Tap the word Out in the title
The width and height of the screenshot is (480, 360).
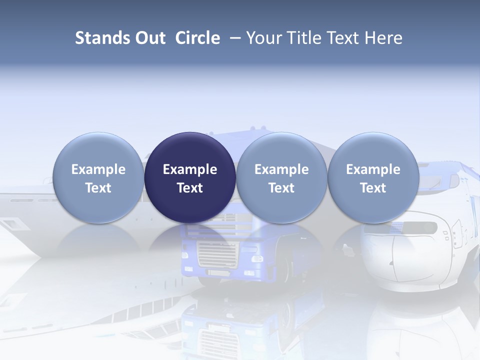point(148,38)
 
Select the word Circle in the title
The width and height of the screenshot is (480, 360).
point(197,38)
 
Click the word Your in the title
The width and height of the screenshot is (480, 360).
point(264,38)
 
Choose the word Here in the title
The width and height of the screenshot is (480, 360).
point(383,38)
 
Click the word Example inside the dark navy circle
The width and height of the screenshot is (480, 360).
point(190,169)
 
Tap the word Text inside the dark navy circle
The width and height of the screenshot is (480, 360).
point(190,188)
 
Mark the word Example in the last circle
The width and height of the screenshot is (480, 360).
point(373,169)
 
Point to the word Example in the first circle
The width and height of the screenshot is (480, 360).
point(98,169)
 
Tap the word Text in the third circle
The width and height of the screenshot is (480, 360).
point(281,188)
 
